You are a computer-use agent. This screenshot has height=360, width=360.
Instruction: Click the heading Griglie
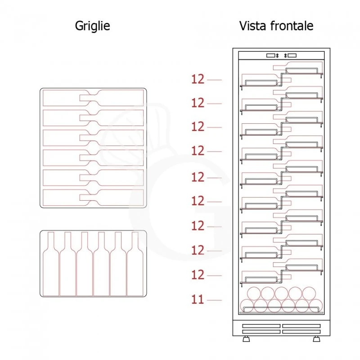pyautogui.click(x=92, y=26)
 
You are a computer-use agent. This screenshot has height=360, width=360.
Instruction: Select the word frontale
pyautogui.click(x=292, y=26)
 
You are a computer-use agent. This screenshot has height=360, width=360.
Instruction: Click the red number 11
pyautogui.click(x=198, y=299)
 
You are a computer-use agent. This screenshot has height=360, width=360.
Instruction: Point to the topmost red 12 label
pyautogui.click(x=198, y=80)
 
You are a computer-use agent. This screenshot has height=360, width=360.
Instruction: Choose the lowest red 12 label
pyautogui.click(x=198, y=275)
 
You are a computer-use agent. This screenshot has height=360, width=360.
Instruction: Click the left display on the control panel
pyautogui.click(x=271, y=56)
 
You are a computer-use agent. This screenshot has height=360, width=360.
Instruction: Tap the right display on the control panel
pyautogui.click(x=291, y=56)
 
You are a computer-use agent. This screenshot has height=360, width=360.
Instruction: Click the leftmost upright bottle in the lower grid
pyautogui.click(x=51, y=268)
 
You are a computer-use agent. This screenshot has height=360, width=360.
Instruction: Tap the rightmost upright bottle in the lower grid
pyautogui.click(x=135, y=268)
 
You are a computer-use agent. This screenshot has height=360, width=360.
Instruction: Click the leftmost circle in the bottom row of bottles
pyautogui.click(x=247, y=306)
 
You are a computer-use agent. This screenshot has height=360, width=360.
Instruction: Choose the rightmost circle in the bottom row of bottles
pyautogui.click(x=315, y=306)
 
